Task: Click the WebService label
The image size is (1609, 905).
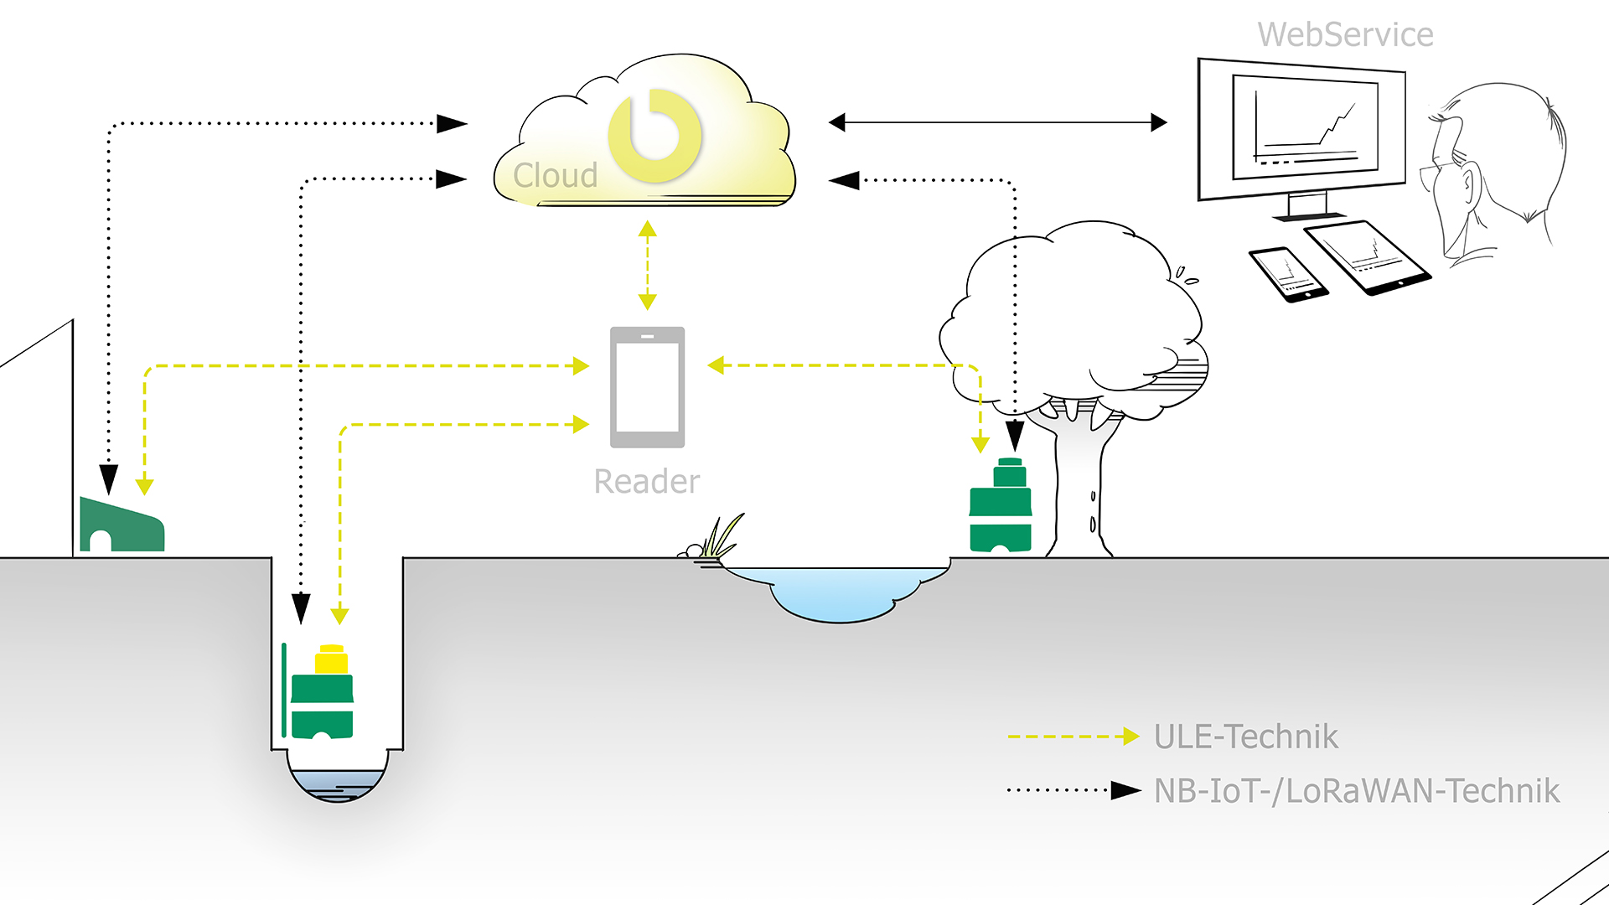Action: tap(1345, 35)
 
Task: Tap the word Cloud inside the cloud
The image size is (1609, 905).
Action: tap(555, 176)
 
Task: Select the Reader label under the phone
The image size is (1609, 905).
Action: tap(646, 482)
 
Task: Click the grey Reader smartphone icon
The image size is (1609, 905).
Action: tap(647, 387)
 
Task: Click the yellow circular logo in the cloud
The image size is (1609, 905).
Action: tap(654, 136)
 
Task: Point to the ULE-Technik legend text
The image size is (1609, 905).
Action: tap(1245, 737)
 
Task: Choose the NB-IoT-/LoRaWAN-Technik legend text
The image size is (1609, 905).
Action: tap(1356, 791)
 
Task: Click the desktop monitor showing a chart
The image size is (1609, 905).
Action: tap(1301, 130)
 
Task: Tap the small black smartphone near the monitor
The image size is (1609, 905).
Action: tap(1288, 274)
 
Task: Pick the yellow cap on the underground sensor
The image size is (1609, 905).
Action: tap(331, 660)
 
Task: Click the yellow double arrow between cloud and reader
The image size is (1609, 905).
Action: tap(647, 265)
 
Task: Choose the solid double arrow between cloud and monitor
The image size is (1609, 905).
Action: tap(997, 123)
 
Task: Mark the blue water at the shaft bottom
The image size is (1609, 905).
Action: tap(337, 785)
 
